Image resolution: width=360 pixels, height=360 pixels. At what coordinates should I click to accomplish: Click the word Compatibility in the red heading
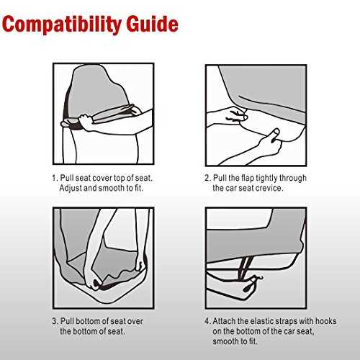(x=62, y=24)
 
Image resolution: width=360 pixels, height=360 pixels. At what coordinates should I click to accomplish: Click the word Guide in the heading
(x=153, y=24)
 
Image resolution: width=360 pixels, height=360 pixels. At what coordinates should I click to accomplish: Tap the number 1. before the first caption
(x=55, y=178)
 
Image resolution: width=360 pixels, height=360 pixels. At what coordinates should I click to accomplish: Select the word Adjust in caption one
(x=71, y=188)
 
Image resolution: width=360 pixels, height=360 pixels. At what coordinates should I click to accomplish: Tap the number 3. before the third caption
(x=55, y=321)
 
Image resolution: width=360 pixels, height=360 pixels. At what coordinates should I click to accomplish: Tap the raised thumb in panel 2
(x=274, y=133)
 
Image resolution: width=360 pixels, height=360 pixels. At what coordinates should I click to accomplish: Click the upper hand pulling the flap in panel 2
(x=236, y=114)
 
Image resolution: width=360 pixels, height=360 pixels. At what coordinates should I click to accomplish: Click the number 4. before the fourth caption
(x=207, y=321)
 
